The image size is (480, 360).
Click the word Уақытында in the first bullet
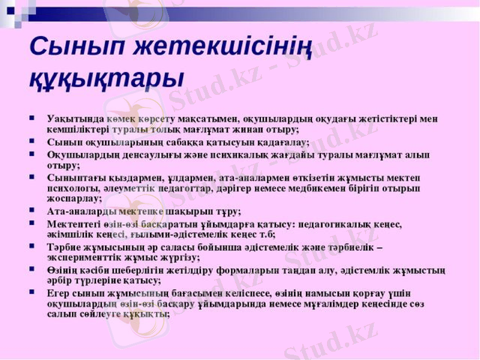[x=72, y=118]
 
